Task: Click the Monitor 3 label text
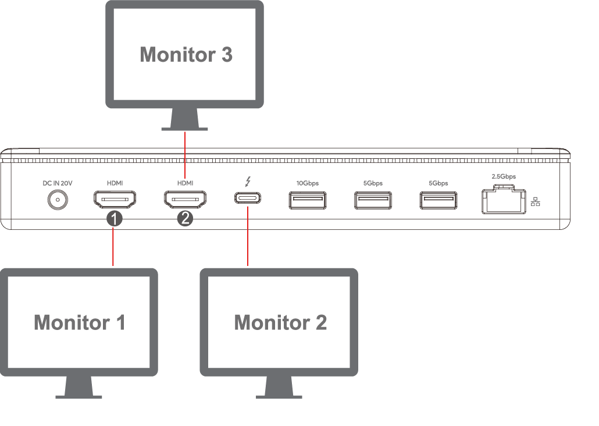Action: coord(186,55)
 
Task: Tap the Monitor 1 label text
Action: coord(79,322)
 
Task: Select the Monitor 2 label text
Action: coord(280,322)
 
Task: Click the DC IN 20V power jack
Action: coord(57,200)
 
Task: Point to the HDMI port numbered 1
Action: coord(115,200)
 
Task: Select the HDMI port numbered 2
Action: coord(185,200)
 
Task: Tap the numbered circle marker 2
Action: coord(185,218)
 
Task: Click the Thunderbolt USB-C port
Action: coord(248,198)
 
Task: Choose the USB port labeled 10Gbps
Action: coord(308,200)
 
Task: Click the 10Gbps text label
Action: coord(308,183)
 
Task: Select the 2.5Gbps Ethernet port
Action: coord(503,201)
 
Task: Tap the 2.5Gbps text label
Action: coord(504,176)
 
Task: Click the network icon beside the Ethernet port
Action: coord(536,201)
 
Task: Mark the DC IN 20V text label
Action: coord(58,183)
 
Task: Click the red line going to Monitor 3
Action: coord(185,154)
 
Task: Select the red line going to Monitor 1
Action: coord(113,247)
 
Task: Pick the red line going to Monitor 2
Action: coord(248,236)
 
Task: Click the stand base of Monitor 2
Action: coord(279,396)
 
